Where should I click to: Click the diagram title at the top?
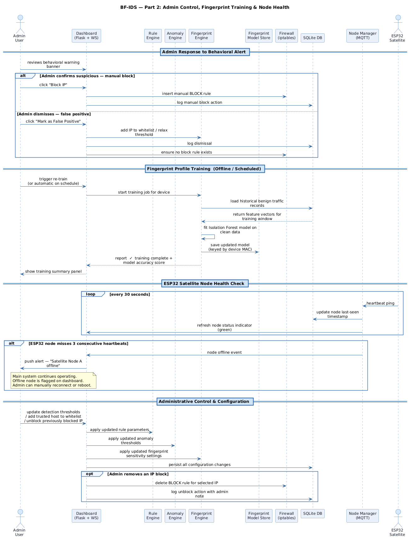pos(205,7)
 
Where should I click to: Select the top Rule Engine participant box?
pos(153,36)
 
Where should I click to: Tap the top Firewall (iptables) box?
pos(286,36)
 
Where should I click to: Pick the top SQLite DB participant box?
pos(312,38)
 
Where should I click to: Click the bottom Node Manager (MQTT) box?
pos(362,516)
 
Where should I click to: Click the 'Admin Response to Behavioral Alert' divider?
pos(205,52)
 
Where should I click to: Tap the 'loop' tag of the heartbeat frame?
pos(91,294)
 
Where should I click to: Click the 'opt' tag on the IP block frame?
pos(90,474)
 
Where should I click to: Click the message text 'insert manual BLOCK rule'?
pos(186,94)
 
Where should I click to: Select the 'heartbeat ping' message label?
pos(380,303)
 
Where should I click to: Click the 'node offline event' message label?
pos(224,352)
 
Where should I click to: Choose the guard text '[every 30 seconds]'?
pos(129,294)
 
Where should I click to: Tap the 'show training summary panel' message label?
pos(53,271)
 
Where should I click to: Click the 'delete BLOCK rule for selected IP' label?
pos(186,483)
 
